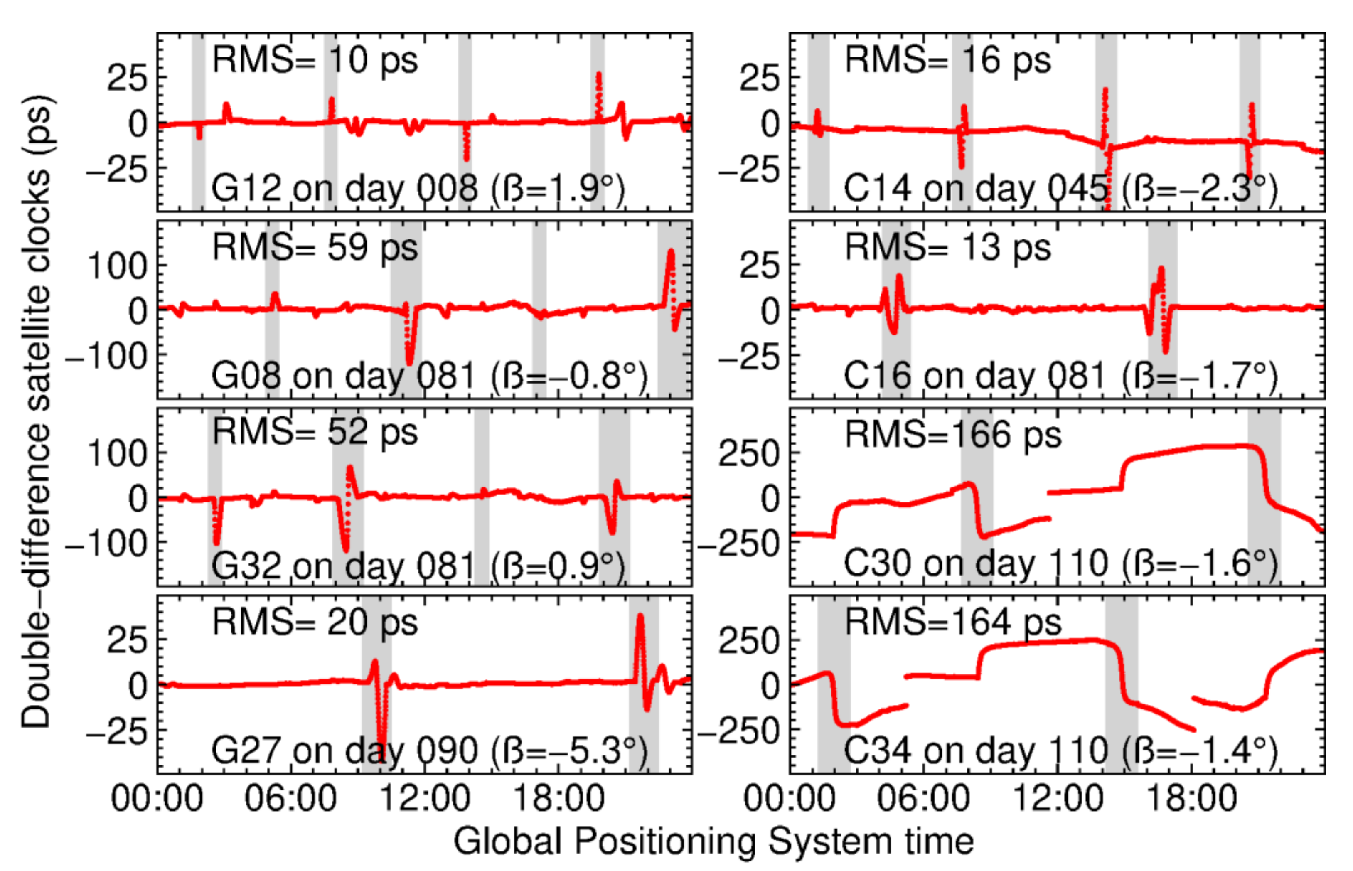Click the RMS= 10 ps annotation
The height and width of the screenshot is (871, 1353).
pyautogui.click(x=315, y=60)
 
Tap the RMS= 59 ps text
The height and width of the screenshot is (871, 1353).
pyautogui.click(x=315, y=248)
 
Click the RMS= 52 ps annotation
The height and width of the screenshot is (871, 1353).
pyautogui.click(x=315, y=433)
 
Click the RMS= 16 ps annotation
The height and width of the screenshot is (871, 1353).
pyautogui.click(x=947, y=60)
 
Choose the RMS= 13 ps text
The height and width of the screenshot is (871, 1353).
pyautogui.click(x=947, y=248)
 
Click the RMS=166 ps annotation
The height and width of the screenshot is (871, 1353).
pyautogui.click(x=953, y=434)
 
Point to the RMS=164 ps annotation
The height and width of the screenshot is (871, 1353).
pyautogui.click(x=953, y=622)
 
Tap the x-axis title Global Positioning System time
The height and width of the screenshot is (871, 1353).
pyautogui.click(x=713, y=841)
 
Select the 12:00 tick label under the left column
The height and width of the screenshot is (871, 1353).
pyautogui.click(x=424, y=799)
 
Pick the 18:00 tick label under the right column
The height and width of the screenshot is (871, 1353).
pyautogui.click(x=1191, y=799)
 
